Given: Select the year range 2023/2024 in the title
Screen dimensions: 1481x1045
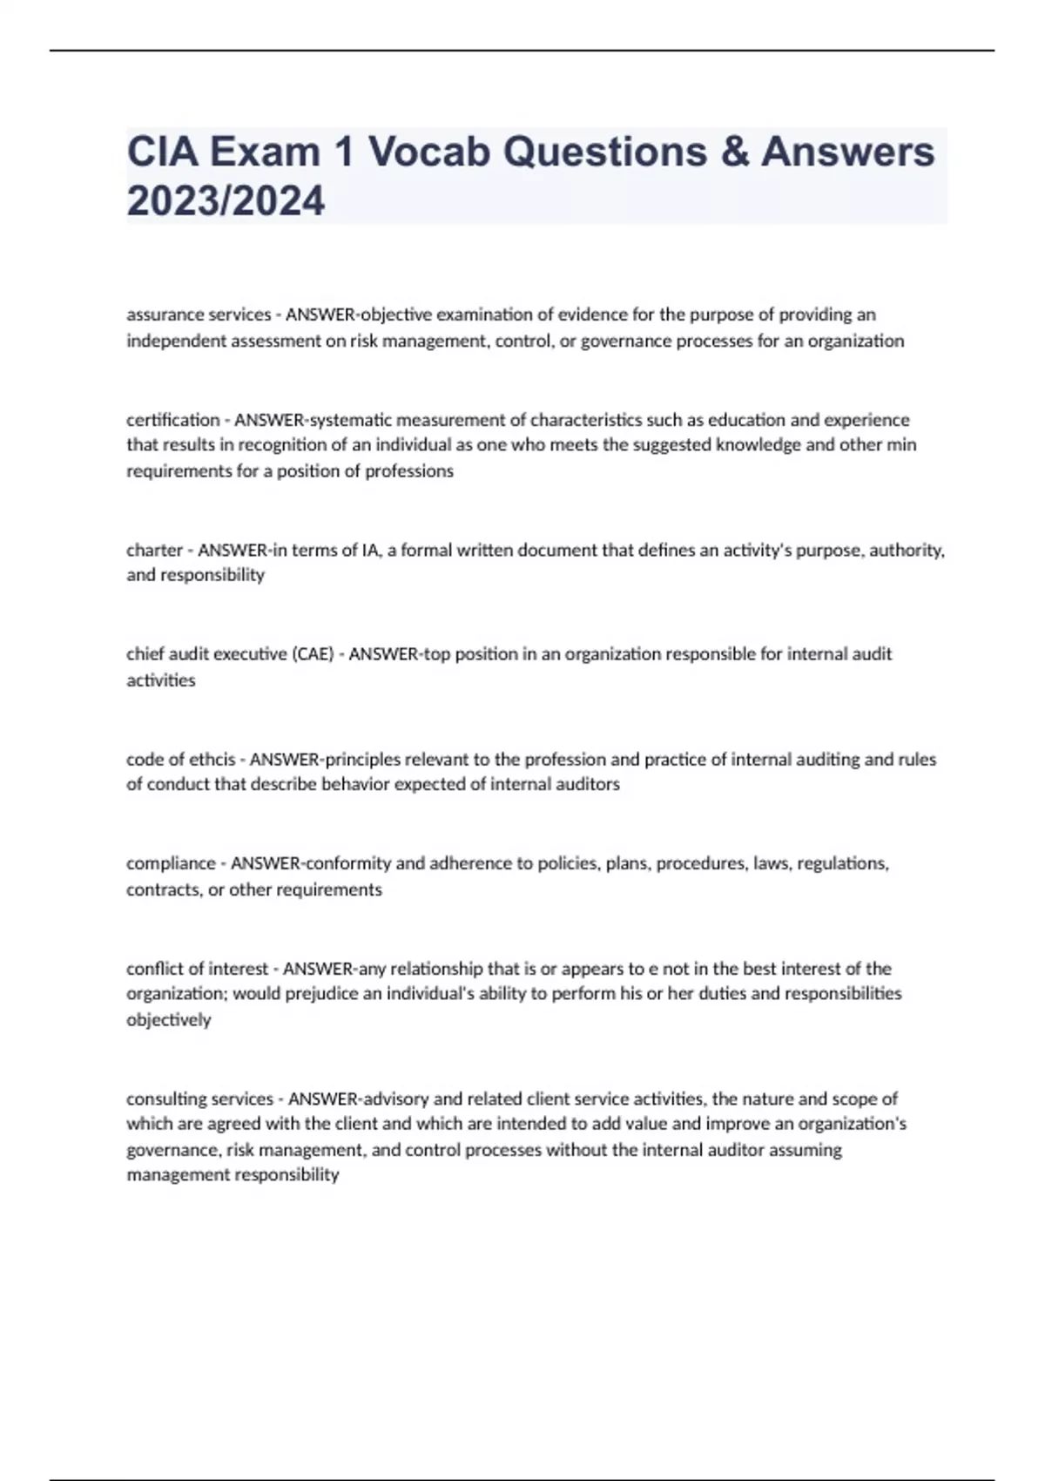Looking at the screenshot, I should (226, 201).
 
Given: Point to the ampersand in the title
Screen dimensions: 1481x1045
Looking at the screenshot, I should (733, 152).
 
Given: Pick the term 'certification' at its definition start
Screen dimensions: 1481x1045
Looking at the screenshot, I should (172, 420).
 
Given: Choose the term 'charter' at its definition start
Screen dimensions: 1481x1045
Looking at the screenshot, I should (154, 551).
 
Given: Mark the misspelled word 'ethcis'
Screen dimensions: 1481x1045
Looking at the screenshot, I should (212, 760).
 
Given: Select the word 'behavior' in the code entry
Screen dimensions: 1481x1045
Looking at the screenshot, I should (356, 784).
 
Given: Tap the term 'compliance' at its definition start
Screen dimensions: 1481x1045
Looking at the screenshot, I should (171, 863).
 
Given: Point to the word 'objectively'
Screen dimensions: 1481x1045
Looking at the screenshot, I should (169, 1020).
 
